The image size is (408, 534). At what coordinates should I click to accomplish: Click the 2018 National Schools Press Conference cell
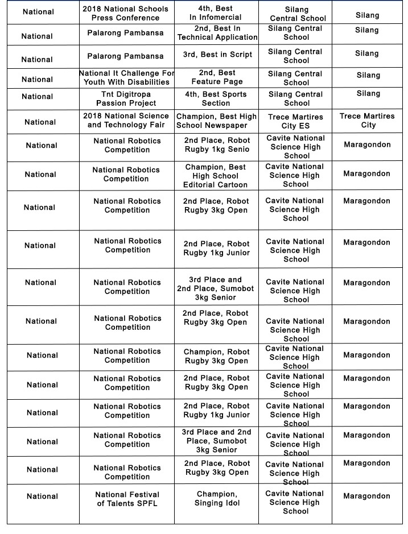(126, 13)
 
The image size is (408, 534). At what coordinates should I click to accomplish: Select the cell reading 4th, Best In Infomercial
(216, 13)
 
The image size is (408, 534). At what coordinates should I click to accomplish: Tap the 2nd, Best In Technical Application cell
(217, 33)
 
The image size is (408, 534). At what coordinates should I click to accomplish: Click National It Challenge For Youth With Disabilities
(126, 77)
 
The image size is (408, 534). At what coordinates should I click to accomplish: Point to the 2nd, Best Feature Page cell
(217, 77)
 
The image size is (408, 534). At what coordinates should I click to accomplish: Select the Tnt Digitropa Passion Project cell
(126, 98)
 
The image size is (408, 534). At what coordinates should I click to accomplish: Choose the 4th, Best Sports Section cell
(216, 98)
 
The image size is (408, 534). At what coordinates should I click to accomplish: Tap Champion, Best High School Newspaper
(216, 121)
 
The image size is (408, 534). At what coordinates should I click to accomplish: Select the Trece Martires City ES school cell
(295, 121)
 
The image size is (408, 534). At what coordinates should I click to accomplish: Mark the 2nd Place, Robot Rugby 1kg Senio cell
(216, 145)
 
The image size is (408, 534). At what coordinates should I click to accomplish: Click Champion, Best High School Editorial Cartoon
(216, 176)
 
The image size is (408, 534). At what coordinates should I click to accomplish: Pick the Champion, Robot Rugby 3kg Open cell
(216, 356)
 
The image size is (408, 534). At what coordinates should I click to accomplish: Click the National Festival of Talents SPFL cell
(127, 499)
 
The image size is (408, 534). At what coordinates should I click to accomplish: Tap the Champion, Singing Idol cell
(217, 499)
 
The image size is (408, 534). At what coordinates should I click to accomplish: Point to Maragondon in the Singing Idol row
(367, 496)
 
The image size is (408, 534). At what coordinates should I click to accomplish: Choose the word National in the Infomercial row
(39, 12)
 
